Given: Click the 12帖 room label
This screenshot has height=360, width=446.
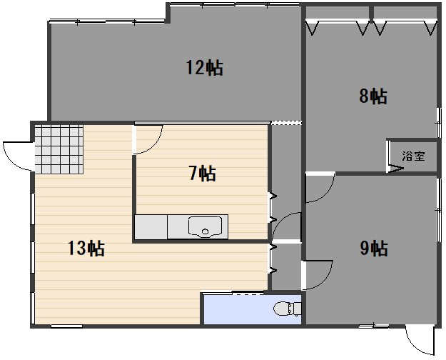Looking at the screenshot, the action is [205, 68].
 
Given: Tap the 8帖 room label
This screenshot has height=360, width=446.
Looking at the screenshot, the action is [373, 96].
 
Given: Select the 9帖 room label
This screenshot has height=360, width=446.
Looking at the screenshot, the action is [374, 248].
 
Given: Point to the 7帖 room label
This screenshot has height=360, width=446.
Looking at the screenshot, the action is [203, 173].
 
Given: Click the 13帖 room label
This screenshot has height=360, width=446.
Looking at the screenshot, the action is [86, 248].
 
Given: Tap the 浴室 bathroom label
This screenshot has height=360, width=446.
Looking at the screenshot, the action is [413, 156].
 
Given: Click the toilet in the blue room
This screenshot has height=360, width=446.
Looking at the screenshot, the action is [288, 309].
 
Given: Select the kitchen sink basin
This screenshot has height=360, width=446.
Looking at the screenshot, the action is [205, 227].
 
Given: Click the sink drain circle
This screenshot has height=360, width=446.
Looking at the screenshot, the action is [205, 231].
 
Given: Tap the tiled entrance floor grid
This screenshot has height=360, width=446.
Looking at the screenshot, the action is [59, 149].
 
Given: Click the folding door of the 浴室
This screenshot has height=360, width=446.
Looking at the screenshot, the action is [395, 168].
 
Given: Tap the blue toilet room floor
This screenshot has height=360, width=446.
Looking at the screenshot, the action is [252, 309].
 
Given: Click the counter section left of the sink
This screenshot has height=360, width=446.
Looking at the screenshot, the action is [151, 227].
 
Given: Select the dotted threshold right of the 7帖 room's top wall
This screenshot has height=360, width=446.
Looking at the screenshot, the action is [285, 123].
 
